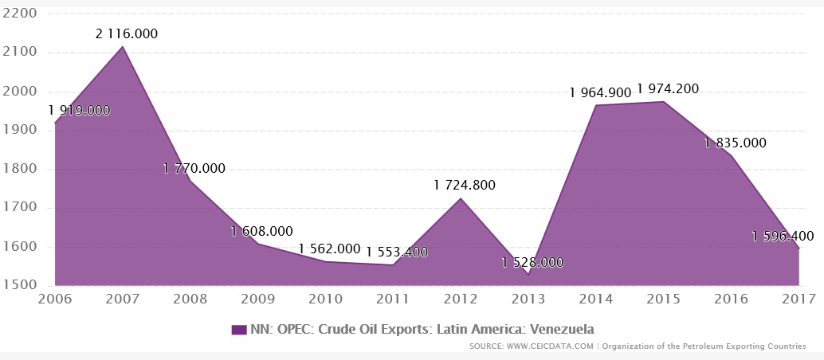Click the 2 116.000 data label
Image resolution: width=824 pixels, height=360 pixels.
[127, 33]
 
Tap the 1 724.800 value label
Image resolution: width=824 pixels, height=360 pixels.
[465, 185]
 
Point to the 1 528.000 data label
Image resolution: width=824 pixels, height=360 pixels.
[533, 262]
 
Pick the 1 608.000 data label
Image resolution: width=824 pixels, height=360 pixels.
[261, 231]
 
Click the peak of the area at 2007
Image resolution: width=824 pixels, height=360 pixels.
[122, 47]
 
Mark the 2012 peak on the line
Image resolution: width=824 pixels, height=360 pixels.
[461, 198]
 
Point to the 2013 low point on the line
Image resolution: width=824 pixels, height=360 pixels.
[528, 275]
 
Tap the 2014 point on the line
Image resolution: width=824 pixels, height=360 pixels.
[596, 105]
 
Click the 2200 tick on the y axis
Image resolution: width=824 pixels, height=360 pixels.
[19, 14]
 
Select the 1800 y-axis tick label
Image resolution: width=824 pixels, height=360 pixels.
[19, 169]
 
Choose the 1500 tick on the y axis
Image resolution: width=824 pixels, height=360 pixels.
[19, 285]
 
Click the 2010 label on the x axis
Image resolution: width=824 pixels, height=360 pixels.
[325, 299]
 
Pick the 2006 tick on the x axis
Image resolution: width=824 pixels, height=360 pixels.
[54, 299]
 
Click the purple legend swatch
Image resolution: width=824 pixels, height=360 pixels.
[237, 329]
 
